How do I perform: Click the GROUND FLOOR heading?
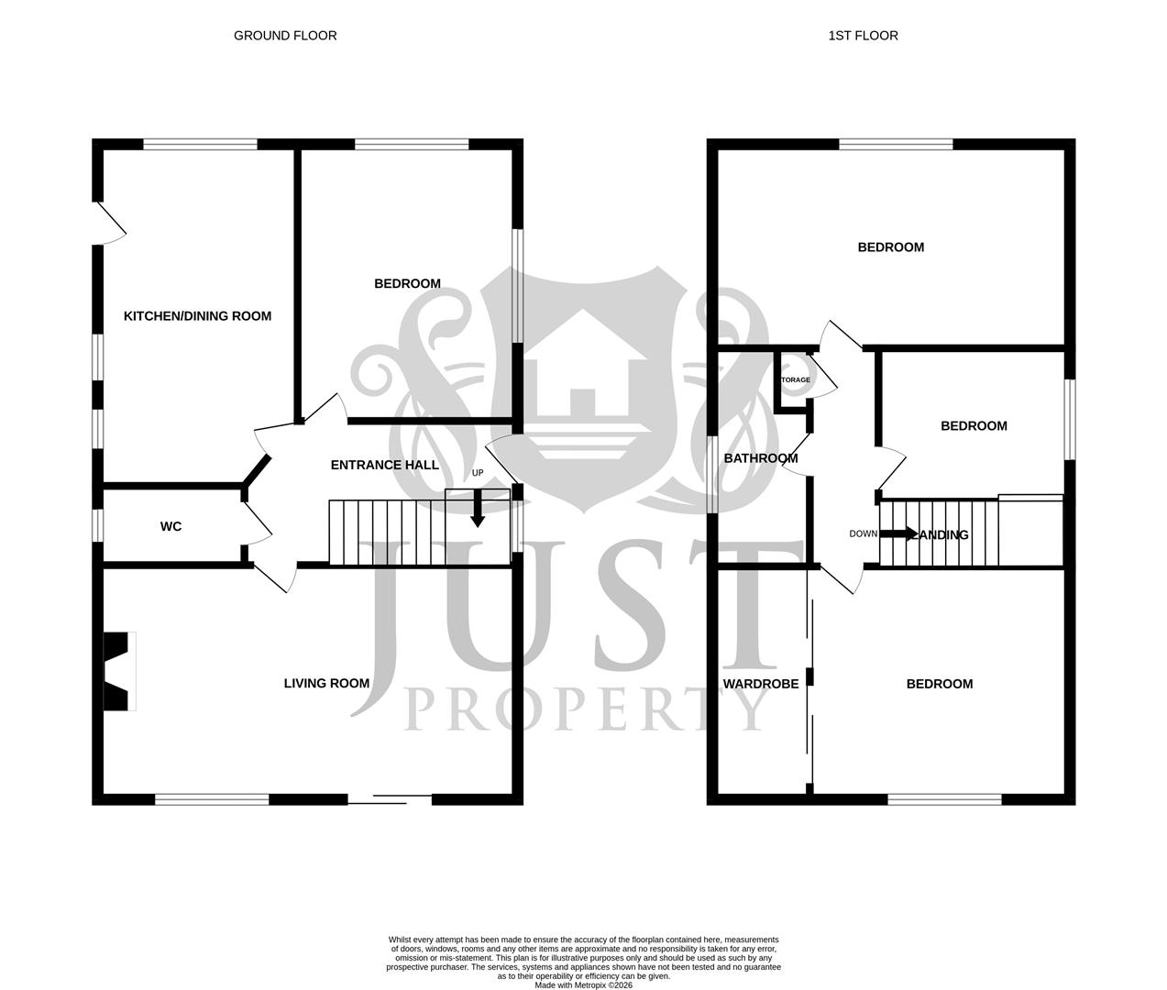(285, 36)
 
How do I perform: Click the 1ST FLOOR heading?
(863, 36)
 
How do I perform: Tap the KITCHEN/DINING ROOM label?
(197, 316)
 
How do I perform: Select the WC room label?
(171, 526)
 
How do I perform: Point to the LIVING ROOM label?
(326, 683)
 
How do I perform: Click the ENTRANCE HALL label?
(384, 465)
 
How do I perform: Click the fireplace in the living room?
(118, 670)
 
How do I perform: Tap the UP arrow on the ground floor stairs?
(477, 509)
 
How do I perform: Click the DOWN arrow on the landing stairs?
(898, 533)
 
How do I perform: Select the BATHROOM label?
(761, 458)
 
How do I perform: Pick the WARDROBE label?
(761, 684)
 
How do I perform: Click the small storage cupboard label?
(794, 379)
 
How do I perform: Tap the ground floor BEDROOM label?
(407, 283)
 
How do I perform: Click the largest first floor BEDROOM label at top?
(890, 247)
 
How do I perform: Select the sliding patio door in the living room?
(390, 799)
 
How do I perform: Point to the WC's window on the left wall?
(97, 525)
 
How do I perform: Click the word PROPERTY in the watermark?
(587, 707)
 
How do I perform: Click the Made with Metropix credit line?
(583, 985)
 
